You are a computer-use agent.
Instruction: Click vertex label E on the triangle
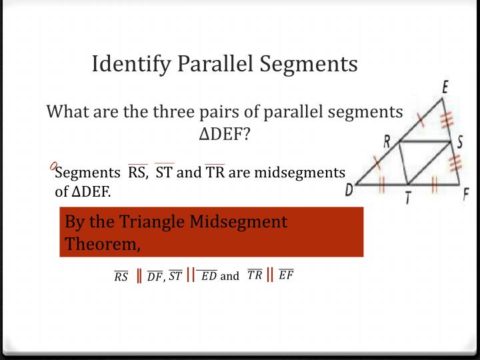tap(445, 87)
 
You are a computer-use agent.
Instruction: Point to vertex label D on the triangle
tap(349, 191)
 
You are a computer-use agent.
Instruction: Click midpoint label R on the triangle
tap(387, 140)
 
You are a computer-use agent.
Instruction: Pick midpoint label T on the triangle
tap(407, 197)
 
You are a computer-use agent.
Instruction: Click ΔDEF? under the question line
tap(225, 133)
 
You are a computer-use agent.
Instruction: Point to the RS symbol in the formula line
tap(121, 277)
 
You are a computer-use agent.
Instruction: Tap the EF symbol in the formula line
tap(286, 274)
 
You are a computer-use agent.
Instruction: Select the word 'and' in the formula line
tap(229, 276)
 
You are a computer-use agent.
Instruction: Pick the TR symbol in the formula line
tap(255, 274)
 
